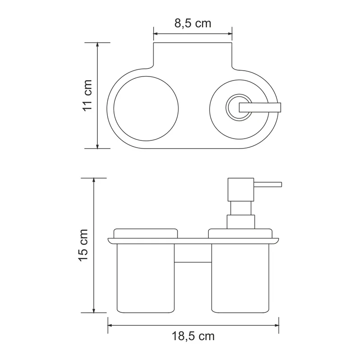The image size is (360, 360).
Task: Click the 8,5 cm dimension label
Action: point(193,23)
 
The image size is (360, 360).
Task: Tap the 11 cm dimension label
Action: point(87,95)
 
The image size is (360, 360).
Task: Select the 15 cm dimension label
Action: point(83,245)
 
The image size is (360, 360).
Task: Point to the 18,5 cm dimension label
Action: point(193,336)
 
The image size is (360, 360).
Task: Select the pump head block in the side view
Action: point(241,189)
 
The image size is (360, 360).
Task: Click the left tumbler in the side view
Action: point(146,278)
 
